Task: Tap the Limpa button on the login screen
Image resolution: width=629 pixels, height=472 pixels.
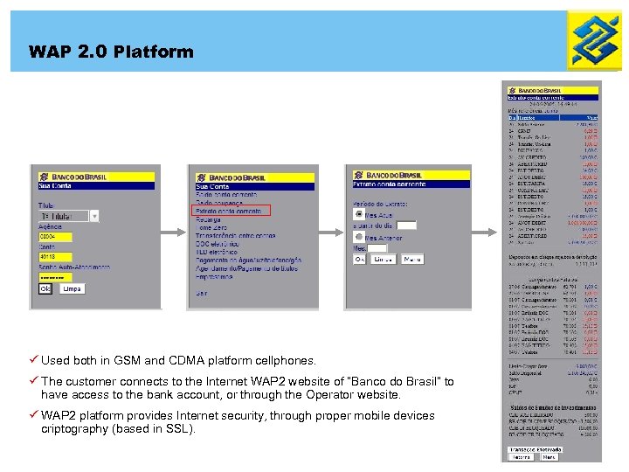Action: click(72, 288)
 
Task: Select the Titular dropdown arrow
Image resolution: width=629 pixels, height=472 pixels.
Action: click(94, 215)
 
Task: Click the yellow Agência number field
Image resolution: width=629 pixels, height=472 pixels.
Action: click(54, 236)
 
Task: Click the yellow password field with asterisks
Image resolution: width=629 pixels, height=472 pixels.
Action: click(54, 277)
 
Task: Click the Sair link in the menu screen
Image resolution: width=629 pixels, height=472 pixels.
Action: click(203, 293)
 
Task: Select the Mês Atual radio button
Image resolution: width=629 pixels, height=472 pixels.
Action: click(359, 213)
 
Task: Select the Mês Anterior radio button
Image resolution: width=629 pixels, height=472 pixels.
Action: click(359, 238)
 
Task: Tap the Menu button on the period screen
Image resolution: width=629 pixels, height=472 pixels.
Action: click(412, 260)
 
